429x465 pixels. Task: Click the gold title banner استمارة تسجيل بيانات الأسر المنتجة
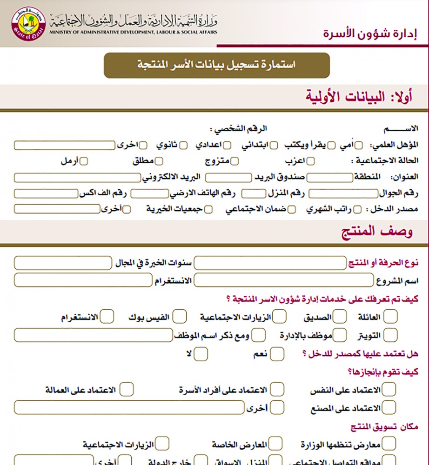(216, 65)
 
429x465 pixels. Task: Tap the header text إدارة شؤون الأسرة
(370, 33)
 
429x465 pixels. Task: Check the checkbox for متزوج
(235, 161)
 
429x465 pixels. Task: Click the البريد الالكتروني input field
(77, 178)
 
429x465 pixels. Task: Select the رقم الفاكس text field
(45, 193)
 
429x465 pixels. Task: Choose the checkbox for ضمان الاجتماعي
(291, 209)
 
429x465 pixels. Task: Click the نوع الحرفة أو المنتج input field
(270, 264)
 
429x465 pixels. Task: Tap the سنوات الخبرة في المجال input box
(63, 264)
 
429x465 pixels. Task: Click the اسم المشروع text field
(283, 280)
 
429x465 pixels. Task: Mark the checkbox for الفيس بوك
(180, 317)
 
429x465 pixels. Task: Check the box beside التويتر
(390, 335)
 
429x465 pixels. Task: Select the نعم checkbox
(277, 354)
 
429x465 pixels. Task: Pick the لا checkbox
(201, 354)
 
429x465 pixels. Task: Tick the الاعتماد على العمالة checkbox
(127, 389)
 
